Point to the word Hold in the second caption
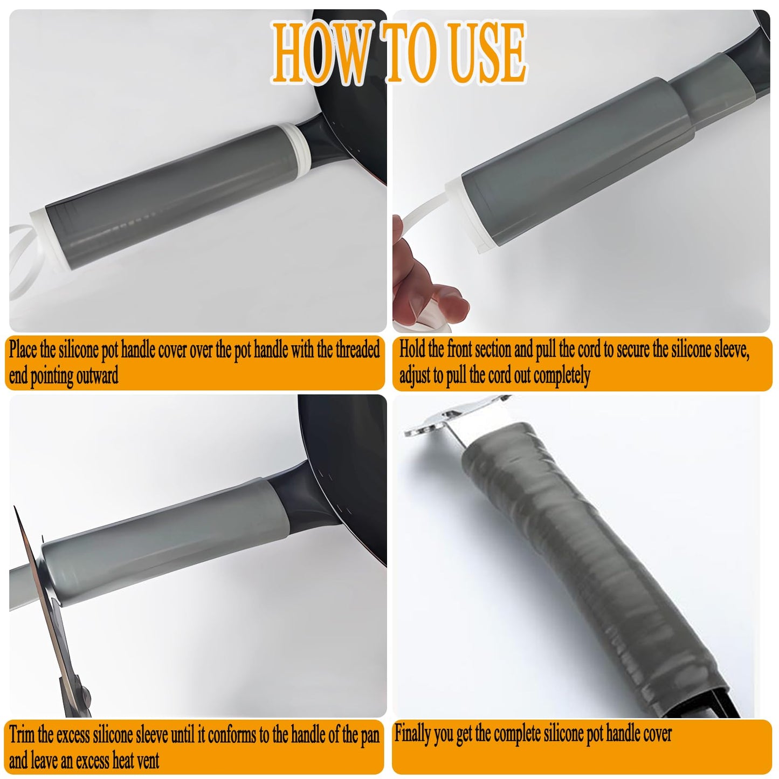[x=412, y=349]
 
